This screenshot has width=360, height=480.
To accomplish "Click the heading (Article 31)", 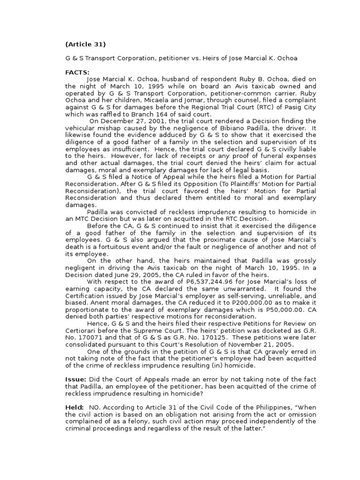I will [x=85, y=45].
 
